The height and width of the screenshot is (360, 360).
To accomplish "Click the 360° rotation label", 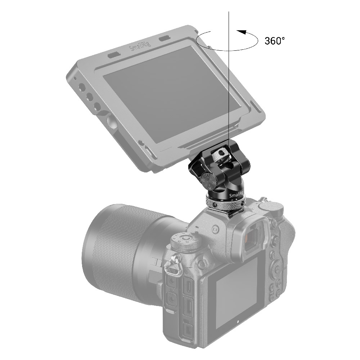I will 275,41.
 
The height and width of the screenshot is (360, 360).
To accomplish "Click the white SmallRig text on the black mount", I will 236,195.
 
